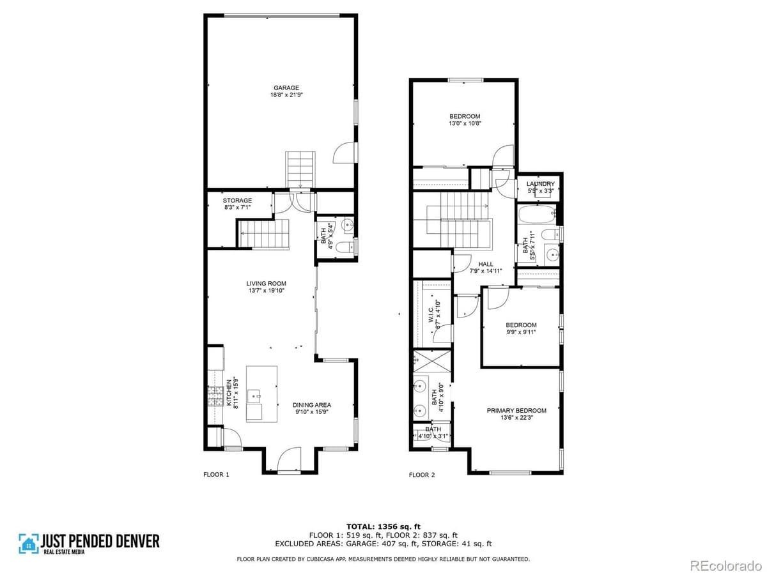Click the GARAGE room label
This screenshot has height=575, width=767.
click(x=286, y=91)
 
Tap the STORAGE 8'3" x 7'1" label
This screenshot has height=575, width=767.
click(x=237, y=204)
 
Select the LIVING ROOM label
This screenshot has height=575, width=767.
click(x=266, y=287)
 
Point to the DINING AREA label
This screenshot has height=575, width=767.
click(x=312, y=408)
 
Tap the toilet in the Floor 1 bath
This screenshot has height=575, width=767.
click(x=343, y=248)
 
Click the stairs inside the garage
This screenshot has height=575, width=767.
click(x=300, y=167)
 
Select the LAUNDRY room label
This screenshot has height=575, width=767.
click(x=540, y=187)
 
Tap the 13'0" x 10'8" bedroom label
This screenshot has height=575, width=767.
click(x=465, y=120)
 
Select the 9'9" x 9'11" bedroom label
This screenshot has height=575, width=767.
click(x=521, y=328)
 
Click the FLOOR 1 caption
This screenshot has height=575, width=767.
click(x=216, y=475)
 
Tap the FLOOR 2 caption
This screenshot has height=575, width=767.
click(x=422, y=475)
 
